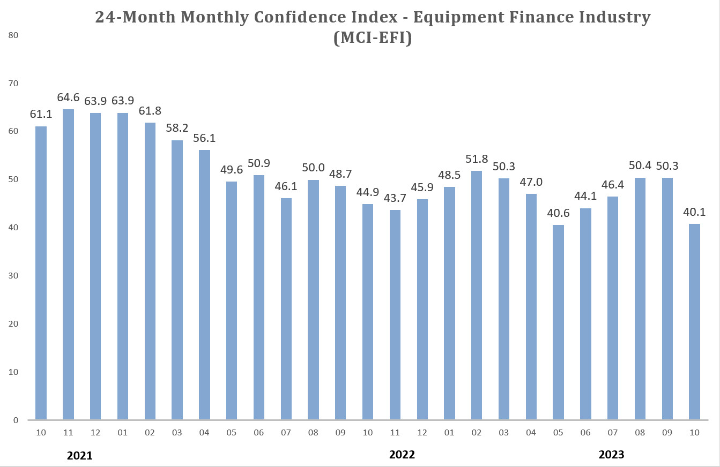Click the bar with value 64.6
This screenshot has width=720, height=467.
point(68,265)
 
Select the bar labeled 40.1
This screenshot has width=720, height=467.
point(694,322)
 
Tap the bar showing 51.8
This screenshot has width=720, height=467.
point(477,295)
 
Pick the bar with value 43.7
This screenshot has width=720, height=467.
point(395,315)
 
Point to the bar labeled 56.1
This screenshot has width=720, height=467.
point(204,285)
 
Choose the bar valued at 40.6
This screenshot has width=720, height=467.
point(558,322)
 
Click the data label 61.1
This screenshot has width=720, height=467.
point(41,114)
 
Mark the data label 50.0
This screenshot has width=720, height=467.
point(313,168)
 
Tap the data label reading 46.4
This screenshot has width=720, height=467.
point(613,185)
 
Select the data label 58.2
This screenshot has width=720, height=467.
point(177,128)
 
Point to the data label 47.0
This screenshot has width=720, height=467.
point(531,182)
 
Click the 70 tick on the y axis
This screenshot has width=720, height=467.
point(13,84)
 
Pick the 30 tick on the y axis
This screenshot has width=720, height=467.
point(13,276)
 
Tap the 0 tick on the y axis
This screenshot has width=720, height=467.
point(16,420)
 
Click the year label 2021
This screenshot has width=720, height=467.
point(80,456)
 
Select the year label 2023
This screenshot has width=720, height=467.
point(611,455)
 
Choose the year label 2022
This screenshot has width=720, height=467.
point(402,455)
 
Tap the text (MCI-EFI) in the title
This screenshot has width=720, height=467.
point(372,39)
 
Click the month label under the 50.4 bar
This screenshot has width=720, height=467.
point(640,433)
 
